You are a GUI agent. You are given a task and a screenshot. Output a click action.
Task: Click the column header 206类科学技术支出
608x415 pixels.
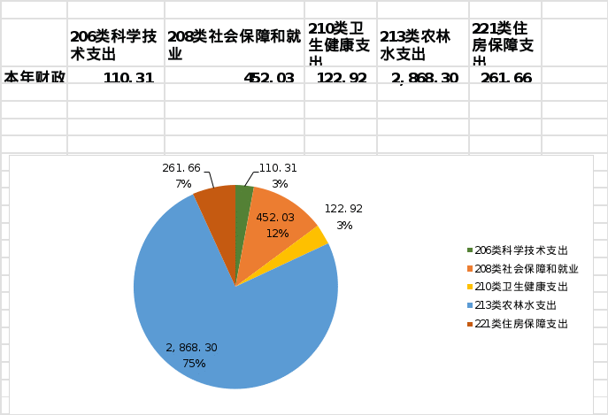114,44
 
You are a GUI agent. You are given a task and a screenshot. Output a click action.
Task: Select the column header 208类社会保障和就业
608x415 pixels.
234,44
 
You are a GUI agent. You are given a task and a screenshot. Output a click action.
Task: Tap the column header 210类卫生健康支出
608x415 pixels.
341,44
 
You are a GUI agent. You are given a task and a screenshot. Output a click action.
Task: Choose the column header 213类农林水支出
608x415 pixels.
422,44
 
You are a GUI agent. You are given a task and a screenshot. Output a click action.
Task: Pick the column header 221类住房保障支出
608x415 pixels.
504,44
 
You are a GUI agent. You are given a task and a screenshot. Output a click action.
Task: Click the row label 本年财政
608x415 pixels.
35,77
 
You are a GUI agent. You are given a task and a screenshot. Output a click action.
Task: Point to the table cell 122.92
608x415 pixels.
342,78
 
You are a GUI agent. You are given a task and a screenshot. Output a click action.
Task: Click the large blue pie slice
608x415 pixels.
221,327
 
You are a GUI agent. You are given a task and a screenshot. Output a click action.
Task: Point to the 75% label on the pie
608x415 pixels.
194,364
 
